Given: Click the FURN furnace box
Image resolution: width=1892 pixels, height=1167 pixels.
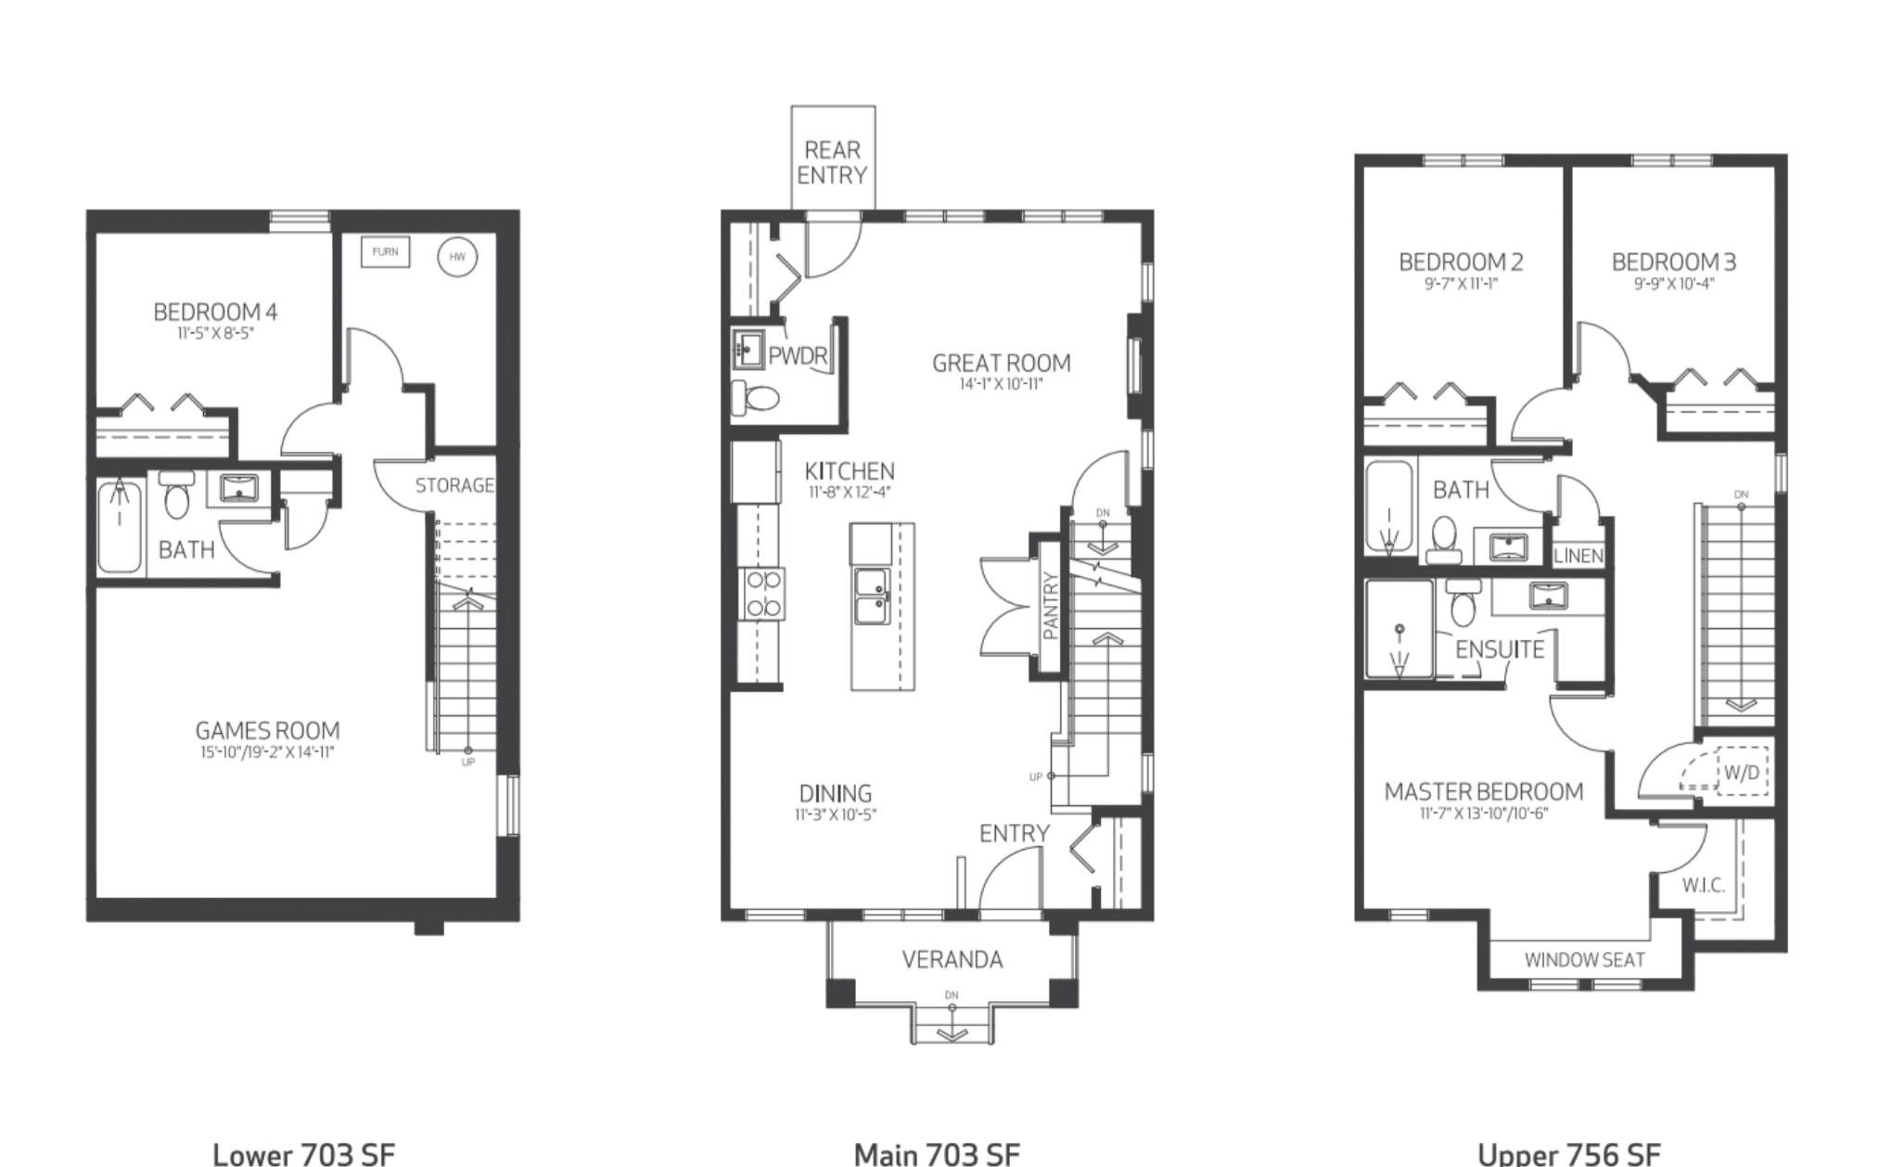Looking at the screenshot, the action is [x=385, y=251].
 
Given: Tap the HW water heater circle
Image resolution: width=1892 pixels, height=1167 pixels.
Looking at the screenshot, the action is [x=457, y=257].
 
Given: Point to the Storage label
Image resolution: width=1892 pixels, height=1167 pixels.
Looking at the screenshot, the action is [x=454, y=485].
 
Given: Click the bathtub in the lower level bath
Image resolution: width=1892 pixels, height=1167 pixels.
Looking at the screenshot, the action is [x=120, y=527].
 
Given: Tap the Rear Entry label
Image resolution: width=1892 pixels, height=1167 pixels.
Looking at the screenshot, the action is [x=833, y=162].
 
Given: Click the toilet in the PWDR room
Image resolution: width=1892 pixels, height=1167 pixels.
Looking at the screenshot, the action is [x=755, y=398].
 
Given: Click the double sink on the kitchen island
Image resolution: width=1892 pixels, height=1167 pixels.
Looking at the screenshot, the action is [x=873, y=596].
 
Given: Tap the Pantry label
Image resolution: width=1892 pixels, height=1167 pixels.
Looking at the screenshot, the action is [x=1051, y=606].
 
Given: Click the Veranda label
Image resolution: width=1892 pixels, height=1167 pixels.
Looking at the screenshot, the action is [x=952, y=959].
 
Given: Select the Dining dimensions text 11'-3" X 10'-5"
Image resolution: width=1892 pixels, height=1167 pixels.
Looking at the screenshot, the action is [x=836, y=815].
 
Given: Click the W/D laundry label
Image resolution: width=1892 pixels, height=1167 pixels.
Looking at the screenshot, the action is [x=1741, y=773].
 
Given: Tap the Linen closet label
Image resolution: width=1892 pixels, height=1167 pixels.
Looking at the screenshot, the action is [x=1579, y=556].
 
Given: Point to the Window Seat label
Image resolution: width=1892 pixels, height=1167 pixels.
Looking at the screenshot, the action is [x=1585, y=960].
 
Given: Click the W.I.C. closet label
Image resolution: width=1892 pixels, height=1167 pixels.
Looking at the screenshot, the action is [x=1704, y=885].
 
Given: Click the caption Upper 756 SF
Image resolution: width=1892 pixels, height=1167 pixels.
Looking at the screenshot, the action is [x=1569, y=1154].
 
